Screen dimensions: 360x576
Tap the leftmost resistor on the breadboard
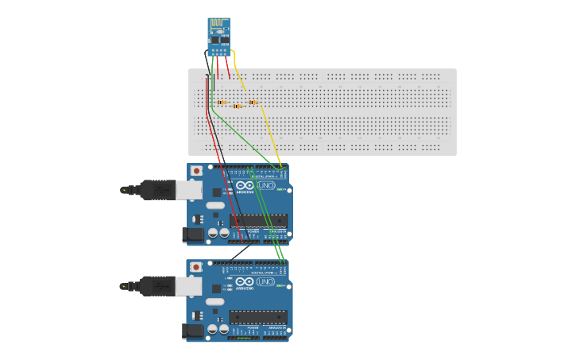tap(222, 103)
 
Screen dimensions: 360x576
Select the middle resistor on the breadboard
tap(238, 106)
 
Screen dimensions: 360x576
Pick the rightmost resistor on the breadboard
tap(253, 102)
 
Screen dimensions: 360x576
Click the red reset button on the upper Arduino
tap(196, 171)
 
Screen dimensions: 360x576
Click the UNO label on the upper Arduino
tap(266, 186)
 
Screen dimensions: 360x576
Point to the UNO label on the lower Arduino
tap(265, 282)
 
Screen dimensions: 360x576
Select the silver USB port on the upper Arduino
tap(188, 190)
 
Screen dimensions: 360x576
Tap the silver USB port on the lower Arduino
tap(188, 285)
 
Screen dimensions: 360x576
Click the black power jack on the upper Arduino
tap(192, 234)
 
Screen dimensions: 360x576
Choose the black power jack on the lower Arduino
tap(192, 331)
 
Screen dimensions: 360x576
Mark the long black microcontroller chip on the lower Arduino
tap(258, 316)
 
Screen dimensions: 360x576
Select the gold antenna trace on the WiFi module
tap(218, 24)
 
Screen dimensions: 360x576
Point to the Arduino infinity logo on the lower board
tap(245, 282)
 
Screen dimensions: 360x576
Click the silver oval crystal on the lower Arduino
tap(215, 300)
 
